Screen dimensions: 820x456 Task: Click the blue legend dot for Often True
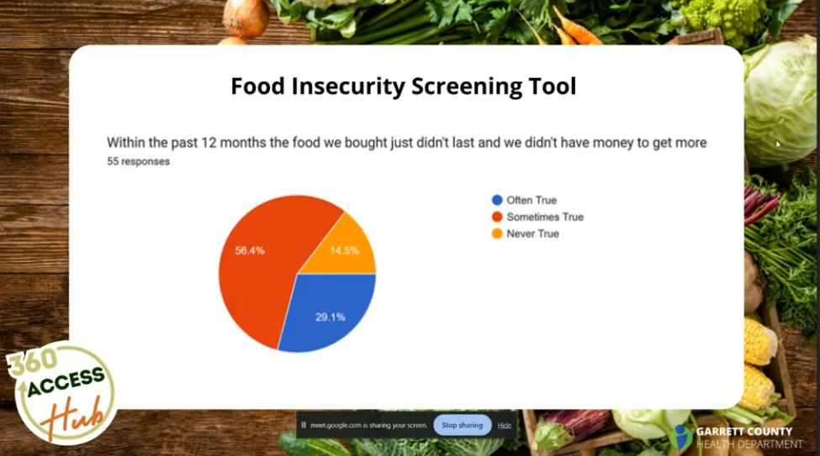(497, 200)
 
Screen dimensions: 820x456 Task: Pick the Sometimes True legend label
(545, 217)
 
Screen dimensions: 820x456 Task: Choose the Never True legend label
(532, 233)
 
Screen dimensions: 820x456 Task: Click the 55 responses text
(138, 161)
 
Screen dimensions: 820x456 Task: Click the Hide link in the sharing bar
(504, 425)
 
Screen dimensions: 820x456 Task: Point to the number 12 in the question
(209, 143)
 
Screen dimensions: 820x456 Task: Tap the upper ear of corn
(759, 342)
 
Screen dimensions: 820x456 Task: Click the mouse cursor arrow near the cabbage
(778, 144)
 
